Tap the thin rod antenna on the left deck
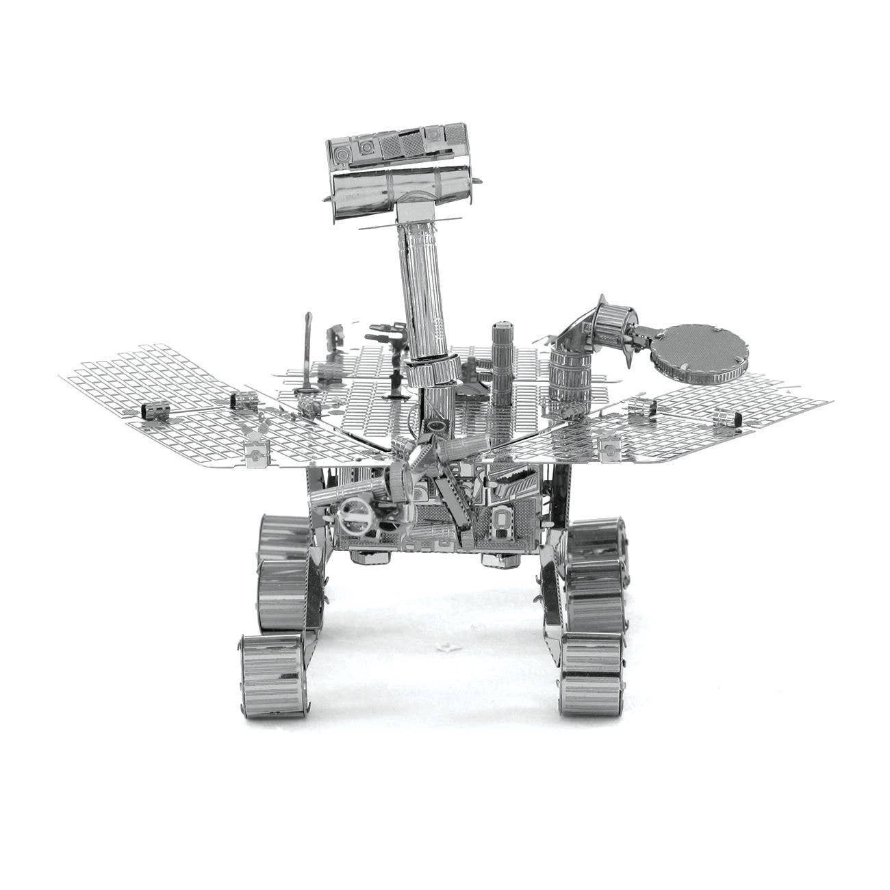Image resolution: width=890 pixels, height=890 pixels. coord(306,356)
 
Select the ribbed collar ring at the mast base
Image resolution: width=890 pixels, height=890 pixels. coord(432,373)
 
